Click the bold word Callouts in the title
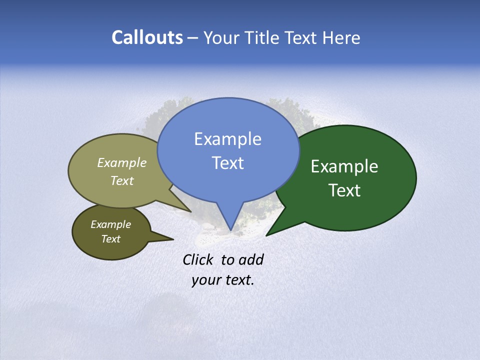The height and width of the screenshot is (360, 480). click(147, 37)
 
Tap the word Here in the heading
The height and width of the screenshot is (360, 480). click(341, 37)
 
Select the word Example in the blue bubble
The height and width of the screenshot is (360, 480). click(227, 139)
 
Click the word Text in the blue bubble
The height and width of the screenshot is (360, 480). click(227, 163)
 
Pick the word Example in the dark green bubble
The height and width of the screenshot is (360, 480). click(344, 166)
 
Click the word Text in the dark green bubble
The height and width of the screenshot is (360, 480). click(344, 190)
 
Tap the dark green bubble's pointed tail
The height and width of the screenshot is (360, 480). click(270, 233)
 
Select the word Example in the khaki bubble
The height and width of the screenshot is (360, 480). click(122, 163)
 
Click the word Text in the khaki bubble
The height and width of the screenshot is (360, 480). click(122, 180)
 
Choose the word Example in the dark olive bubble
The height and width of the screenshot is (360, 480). click(110, 224)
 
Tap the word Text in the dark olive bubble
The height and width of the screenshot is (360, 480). click(110, 239)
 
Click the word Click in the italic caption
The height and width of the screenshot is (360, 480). click(197, 259)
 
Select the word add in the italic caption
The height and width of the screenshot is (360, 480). click(251, 259)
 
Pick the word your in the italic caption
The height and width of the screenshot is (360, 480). click(206, 280)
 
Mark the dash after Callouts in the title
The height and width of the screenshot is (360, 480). click(193, 38)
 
